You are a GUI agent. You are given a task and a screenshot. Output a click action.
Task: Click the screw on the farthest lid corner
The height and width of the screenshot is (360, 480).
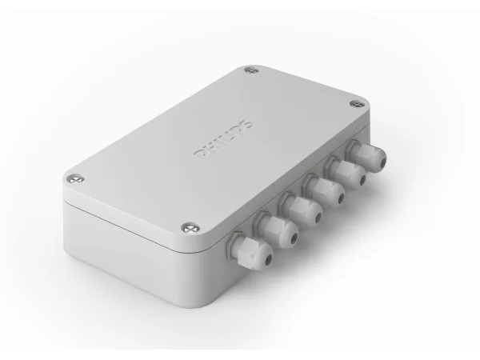coord(252,70)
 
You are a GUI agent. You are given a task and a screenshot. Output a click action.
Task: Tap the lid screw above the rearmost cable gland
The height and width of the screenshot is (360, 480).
coord(357,104)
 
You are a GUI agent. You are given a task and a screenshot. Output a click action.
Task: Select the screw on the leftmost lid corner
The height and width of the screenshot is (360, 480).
coord(75,179)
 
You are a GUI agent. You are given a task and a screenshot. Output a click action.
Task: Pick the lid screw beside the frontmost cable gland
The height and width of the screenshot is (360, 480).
coord(190,228)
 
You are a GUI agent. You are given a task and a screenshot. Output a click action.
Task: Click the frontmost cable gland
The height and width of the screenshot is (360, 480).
coord(250,250)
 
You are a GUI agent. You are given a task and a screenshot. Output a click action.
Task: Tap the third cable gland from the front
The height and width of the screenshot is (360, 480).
coord(300,208)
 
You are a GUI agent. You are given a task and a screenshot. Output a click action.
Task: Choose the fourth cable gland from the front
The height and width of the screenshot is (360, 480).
coord(323,189)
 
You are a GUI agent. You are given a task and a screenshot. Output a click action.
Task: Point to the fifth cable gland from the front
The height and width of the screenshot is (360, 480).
coord(346,171)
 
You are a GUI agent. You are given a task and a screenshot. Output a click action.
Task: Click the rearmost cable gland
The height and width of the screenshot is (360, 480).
coord(366,155)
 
